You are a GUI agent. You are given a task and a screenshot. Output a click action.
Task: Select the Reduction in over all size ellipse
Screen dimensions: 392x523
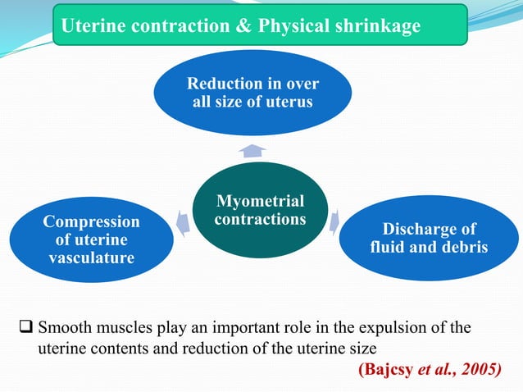pyautogui.click(x=252, y=93)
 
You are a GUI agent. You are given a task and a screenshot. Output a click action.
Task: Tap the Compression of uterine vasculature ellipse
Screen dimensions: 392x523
pyautogui.click(x=91, y=239)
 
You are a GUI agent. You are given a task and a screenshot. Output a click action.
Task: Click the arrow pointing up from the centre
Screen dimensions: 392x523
pyautogui.click(x=253, y=150)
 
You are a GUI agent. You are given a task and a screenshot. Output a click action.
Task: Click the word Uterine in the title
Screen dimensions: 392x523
pyautogui.click(x=90, y=26)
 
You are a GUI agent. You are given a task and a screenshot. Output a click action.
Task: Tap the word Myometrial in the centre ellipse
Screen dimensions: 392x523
pyautogui.click(x=259, y=201)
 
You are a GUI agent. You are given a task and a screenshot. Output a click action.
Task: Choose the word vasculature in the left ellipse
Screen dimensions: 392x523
pyautogui.click(x=91, y=258)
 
